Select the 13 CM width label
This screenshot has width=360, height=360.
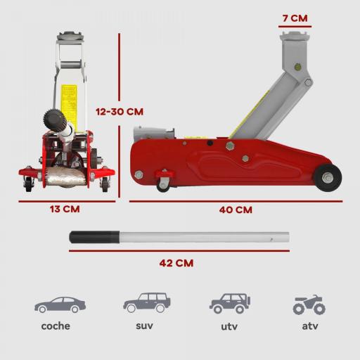65,209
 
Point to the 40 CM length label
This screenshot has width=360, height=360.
235,210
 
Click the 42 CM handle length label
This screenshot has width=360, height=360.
176,263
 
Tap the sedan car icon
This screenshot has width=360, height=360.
60,304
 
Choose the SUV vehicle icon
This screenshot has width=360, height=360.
146,303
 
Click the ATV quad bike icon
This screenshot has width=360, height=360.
309,304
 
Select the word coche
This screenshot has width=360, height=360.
56,326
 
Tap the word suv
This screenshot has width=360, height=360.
144,326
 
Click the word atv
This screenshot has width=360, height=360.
309,326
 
